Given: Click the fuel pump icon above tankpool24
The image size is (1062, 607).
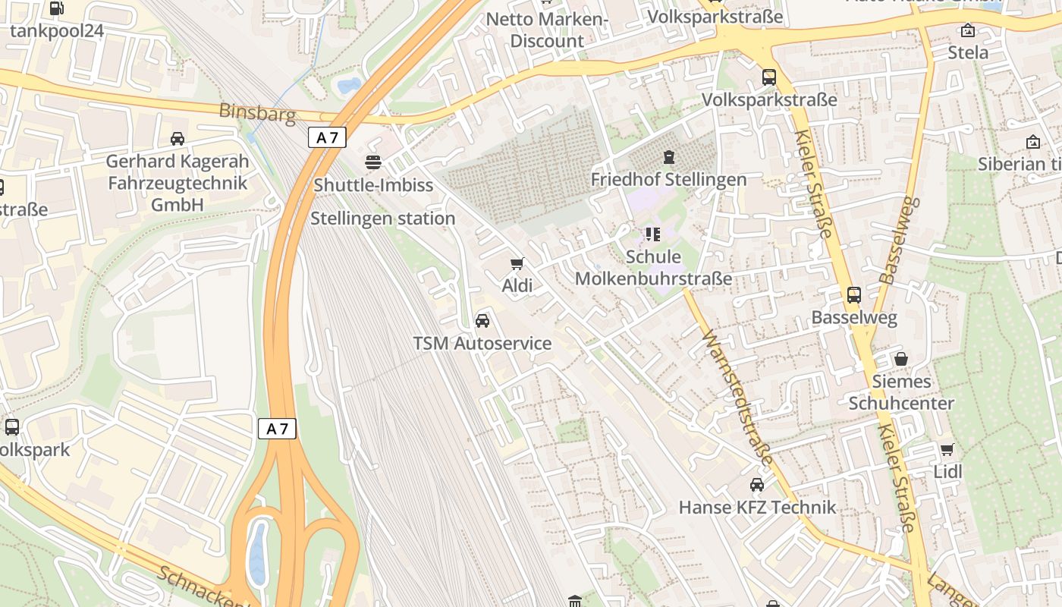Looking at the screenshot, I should (56, 8).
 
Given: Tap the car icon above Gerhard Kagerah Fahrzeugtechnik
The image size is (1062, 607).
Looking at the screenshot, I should (178, 139).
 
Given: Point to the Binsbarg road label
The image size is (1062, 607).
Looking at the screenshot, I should (256, 112).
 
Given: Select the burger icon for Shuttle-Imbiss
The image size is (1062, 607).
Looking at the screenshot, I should (373, 162).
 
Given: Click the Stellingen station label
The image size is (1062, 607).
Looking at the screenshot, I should (383, 219).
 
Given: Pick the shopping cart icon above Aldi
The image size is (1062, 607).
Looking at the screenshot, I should (517, 263).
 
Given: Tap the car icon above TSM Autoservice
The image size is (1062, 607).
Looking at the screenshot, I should (482, 320).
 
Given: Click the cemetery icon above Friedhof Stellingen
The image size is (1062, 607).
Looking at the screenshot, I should (668, 157).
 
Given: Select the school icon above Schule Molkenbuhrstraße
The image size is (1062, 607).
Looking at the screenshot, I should (653, 234).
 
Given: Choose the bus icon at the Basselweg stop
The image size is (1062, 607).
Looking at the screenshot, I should (854, 294).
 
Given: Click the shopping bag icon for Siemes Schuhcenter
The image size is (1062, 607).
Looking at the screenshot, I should (901, 358).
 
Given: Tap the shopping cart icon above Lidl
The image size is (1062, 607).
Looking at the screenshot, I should (947, 449).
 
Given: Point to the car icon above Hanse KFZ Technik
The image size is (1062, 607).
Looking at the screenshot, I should (757, 484).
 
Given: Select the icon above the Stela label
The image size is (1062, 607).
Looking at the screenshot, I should (968, 30).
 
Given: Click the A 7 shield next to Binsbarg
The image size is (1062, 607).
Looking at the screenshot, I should (328, 137).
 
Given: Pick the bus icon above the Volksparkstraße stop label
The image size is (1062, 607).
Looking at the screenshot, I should (769, 77).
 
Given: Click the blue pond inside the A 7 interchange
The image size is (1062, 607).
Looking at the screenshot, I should (258, 552).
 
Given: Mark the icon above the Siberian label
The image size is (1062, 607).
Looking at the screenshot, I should (1033, 142).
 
